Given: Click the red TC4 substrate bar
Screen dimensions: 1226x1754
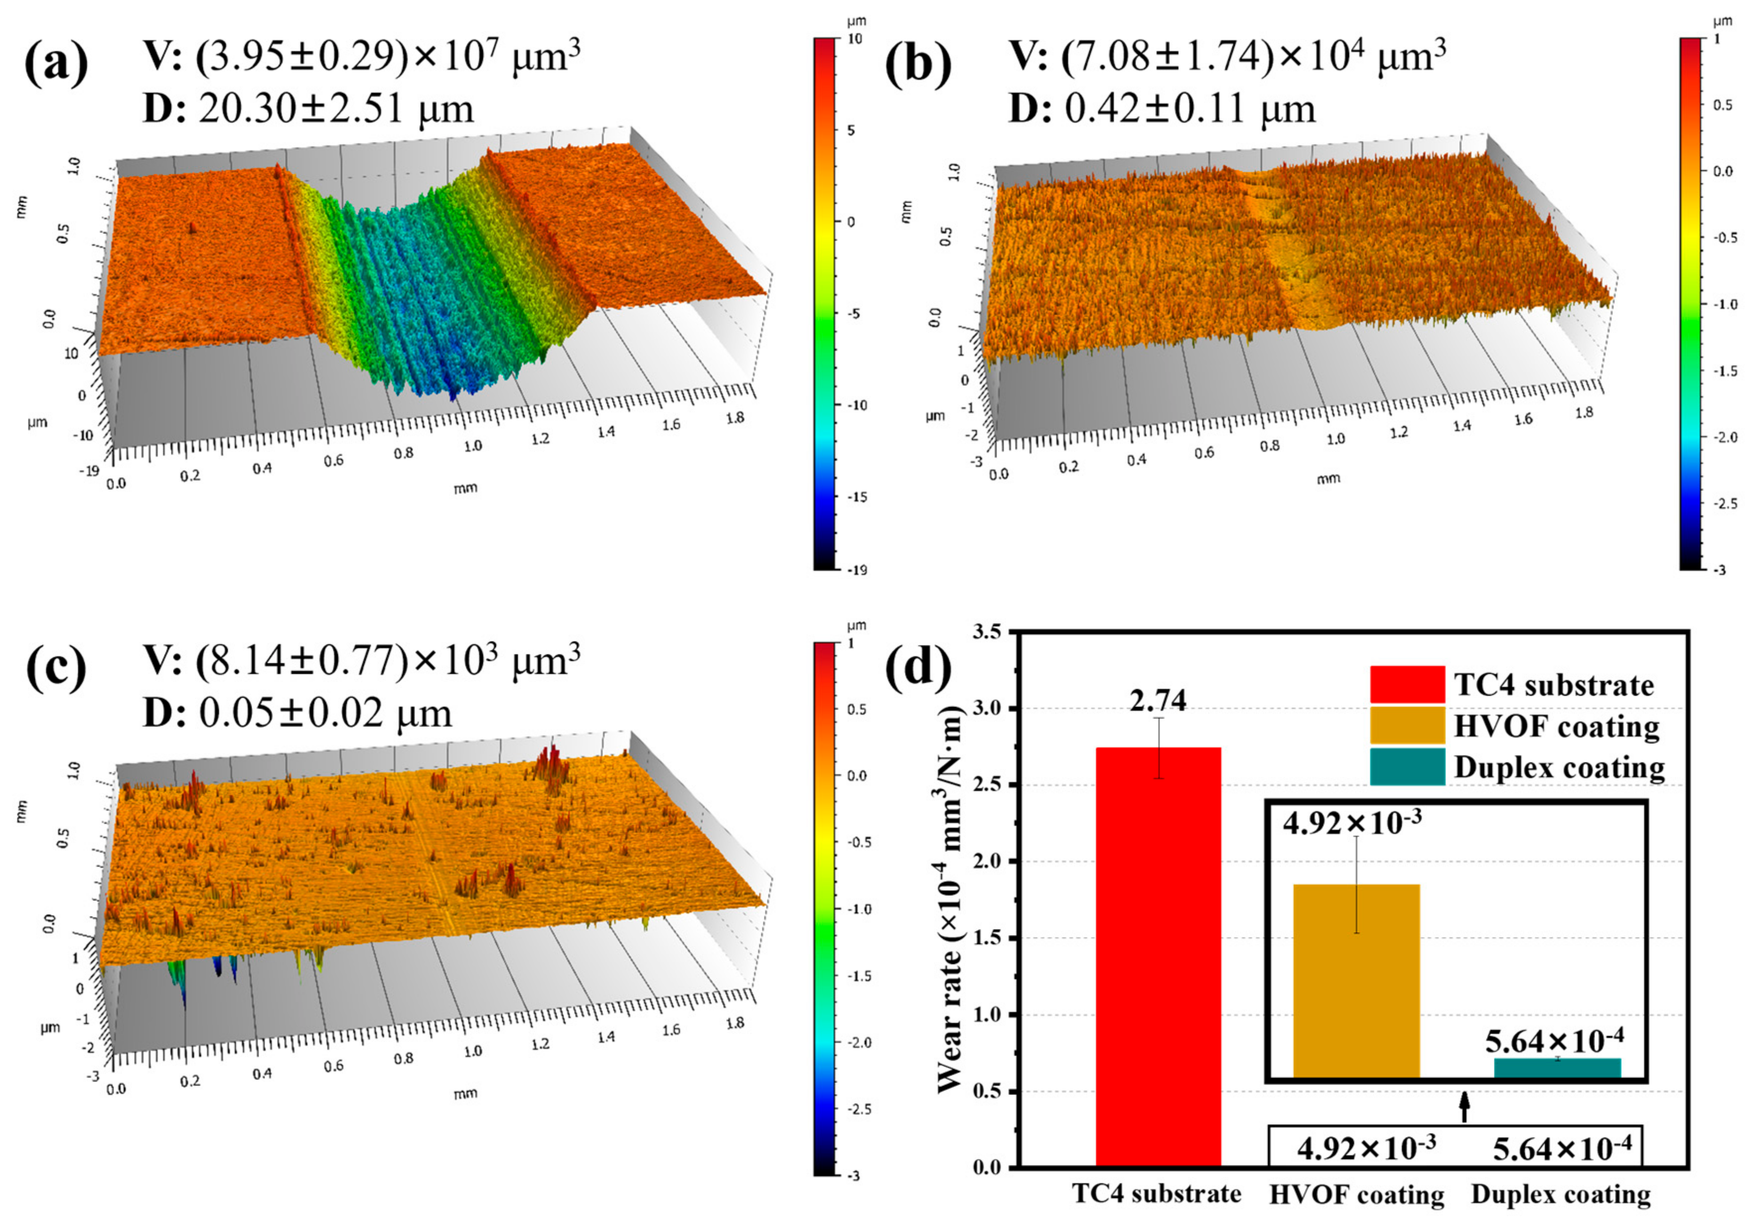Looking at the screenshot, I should point(1158,955).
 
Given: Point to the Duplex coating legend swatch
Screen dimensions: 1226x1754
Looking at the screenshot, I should point(1407,766).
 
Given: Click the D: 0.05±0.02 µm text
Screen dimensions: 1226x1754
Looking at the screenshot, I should point(298,713).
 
